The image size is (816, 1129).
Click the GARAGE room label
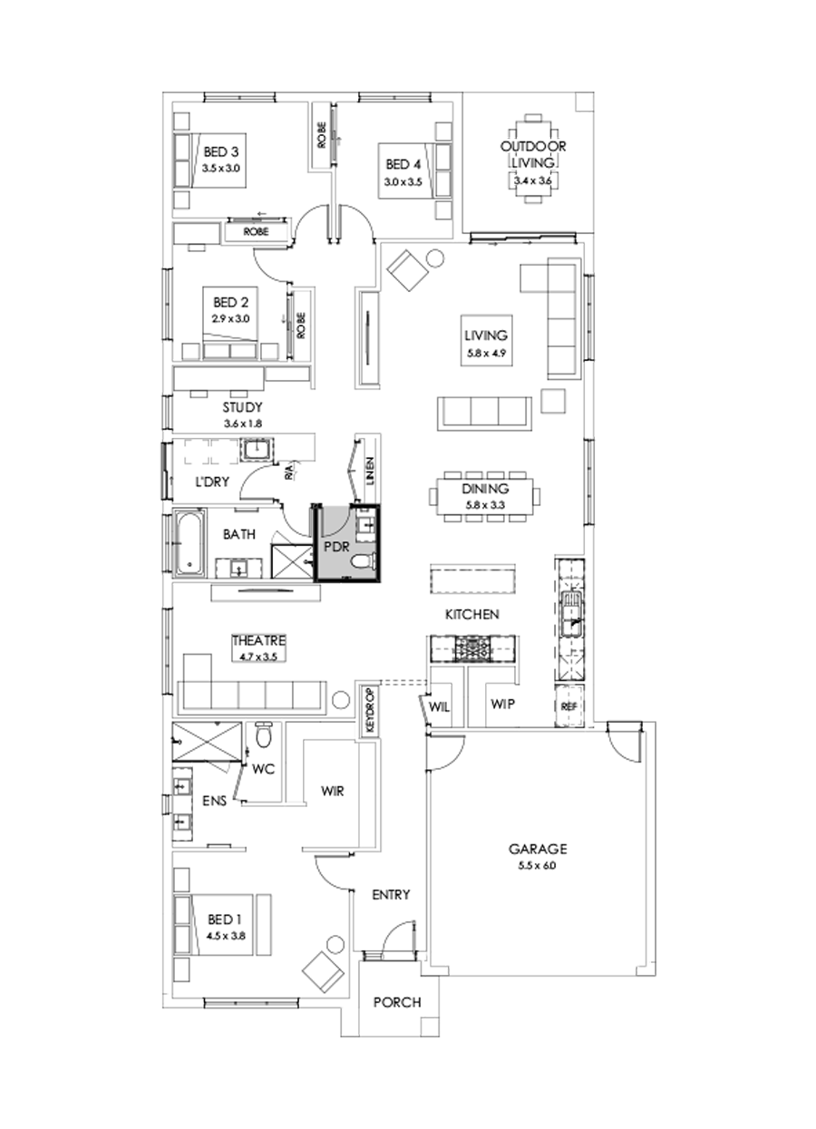tap(537, 850)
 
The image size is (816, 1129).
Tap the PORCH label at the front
tap(397, 1002)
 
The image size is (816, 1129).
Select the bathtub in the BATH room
tap(188, 544)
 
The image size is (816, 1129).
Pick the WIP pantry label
tap(502, 704)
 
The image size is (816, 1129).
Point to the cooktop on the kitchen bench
tap(473, 647)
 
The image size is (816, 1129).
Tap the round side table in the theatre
tap(341, 700)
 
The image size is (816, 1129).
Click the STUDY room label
tap(241, 407)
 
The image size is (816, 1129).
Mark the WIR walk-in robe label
tap(332, 790)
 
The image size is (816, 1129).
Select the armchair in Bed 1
tap(322, 974)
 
